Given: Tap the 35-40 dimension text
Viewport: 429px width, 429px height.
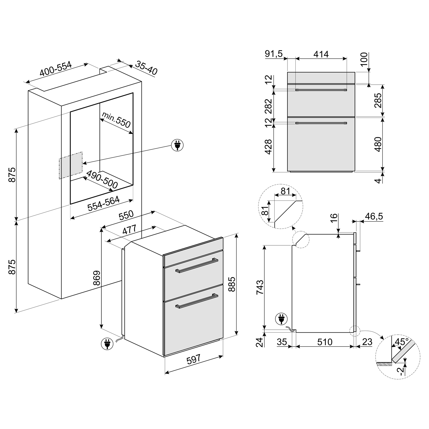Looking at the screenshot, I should click(146, 68).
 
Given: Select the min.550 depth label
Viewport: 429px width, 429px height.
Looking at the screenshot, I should click(116, 120).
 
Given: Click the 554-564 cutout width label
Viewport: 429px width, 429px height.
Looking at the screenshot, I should click(104, 204).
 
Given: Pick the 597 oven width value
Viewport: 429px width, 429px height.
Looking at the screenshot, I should click(194, 360).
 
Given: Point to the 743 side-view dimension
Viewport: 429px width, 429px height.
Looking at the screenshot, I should click(260, 287).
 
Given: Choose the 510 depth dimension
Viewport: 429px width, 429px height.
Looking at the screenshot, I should click(325, 342).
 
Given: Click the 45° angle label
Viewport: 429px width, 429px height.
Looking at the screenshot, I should click(401, 342).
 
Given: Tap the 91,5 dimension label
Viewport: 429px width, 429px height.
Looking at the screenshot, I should click(273, 54).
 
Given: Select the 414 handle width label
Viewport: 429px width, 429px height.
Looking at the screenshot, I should click(321, 54).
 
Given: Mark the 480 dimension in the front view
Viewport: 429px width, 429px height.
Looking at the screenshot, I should click(378, 144).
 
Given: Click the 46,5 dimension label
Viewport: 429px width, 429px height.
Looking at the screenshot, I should click(374, 216).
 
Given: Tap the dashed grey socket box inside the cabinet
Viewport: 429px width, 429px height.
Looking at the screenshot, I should click(71, 165).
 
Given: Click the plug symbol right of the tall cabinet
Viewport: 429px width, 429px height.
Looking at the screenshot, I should click(177, 145).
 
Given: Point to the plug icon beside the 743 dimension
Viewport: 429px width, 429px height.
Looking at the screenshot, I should click(281, 319).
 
